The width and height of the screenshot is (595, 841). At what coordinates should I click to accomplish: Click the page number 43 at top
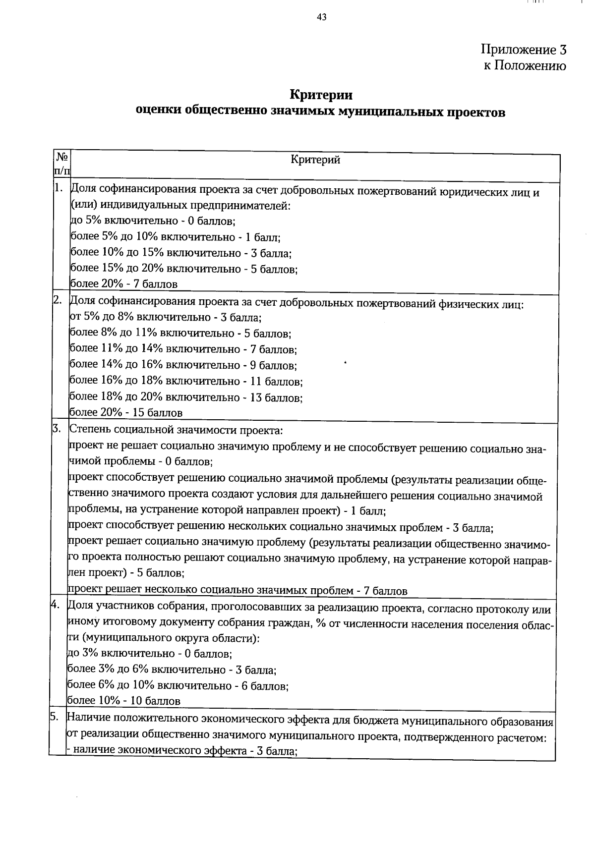[x=321, y=18]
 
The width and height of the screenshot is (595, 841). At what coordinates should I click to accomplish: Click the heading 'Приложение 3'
[x=523, y=50]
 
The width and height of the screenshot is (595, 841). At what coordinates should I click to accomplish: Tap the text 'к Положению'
[x=525, y=66]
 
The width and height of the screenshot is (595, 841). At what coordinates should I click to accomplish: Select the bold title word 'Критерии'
[x=321, y=94]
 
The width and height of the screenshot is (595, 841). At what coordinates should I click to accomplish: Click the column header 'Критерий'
[x=316, y=160]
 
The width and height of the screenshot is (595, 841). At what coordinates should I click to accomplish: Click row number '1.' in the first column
[x=59, y=188]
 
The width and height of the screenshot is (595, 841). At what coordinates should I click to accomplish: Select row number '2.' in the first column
[x=58, y=300]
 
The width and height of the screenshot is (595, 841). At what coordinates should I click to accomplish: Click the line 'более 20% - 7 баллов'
[x=123, y=284]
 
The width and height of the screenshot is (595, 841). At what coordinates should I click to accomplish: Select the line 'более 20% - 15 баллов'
[x=125, y=412]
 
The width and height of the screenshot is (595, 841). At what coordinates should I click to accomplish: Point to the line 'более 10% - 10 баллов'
[x=123, y=701]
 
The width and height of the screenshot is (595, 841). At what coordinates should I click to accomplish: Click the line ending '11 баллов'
[x=186, y=381]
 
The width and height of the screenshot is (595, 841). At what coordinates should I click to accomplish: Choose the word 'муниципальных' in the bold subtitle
[x=392, y=112]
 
